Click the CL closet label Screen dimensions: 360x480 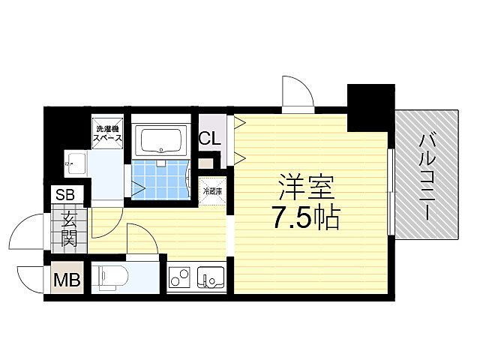pos(209,139)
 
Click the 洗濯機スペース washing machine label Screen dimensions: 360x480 pos(106,134)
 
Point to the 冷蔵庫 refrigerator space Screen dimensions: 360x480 pos(211,190)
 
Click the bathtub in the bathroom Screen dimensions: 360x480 pos(161,140)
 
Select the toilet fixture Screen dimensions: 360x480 pos(109,279)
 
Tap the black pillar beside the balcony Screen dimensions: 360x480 pos(370,109)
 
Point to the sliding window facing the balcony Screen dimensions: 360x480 pos(391,191)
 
